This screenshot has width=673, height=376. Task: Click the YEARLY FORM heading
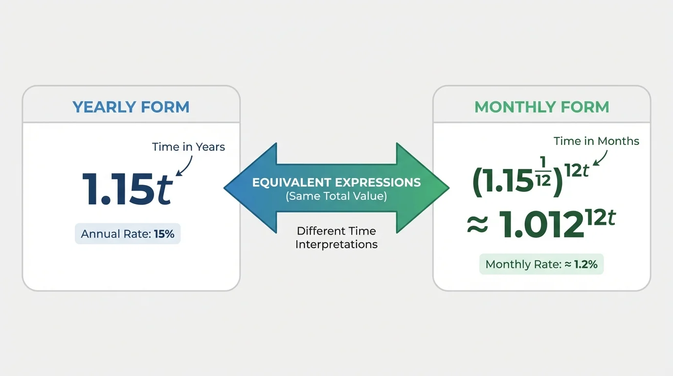(131, 107)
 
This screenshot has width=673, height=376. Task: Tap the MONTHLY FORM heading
(541, 107)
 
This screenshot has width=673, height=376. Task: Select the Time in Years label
(188, 147)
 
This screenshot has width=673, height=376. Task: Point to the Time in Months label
(596, 141)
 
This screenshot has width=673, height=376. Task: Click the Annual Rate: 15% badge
(128, 234)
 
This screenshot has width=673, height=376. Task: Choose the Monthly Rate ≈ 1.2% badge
(541, 264)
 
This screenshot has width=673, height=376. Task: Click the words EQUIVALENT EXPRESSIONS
(336, 183)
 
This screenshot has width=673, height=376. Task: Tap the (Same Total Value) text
(336, 196)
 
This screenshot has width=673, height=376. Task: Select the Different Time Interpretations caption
(336, 237)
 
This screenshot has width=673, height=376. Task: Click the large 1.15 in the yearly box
(118, 189)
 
